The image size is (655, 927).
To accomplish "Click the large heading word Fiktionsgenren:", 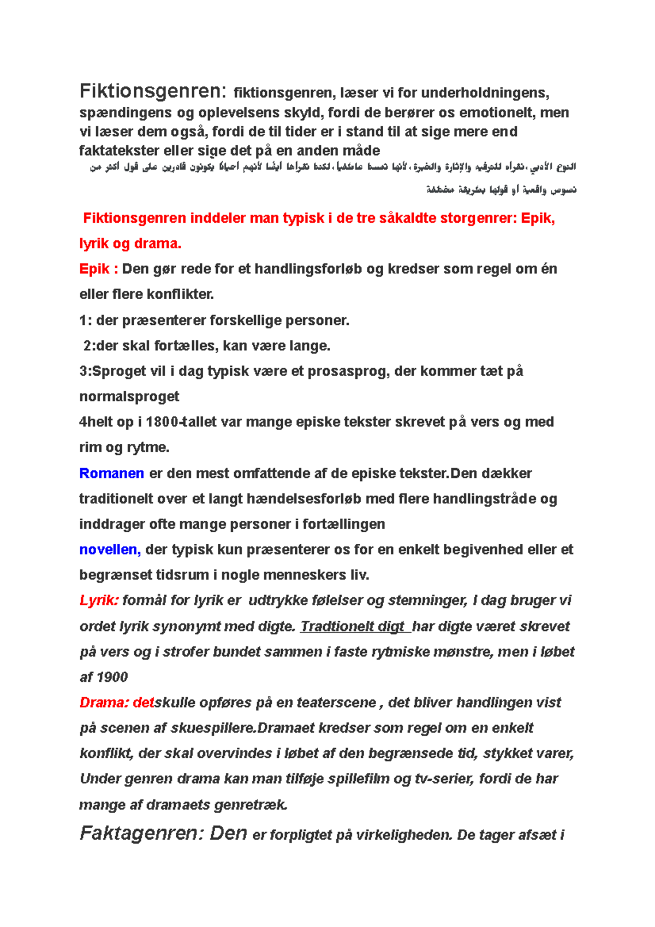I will tap(152, 91).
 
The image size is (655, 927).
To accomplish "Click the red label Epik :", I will tap(99, 269).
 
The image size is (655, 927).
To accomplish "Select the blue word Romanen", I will tap(111, 473).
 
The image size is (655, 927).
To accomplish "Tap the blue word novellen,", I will tap(110, 549).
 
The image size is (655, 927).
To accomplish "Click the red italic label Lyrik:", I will tap(99, 601).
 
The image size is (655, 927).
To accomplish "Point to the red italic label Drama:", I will tap(103, 703).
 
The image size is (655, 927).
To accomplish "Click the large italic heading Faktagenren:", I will tap(142, 834).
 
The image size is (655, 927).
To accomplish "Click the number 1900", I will tap(111, 678).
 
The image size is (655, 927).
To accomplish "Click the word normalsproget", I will tap(129, 396).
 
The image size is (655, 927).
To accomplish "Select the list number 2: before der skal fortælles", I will tap(89, 346).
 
